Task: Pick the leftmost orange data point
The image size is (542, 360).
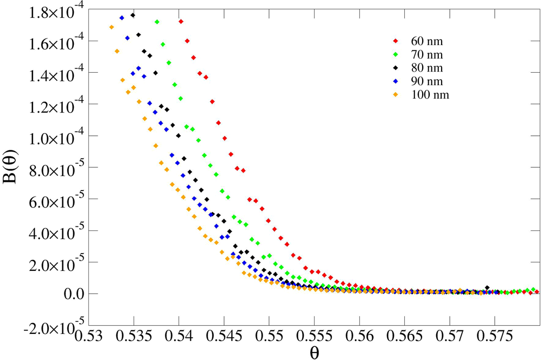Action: tap(112, 27)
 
